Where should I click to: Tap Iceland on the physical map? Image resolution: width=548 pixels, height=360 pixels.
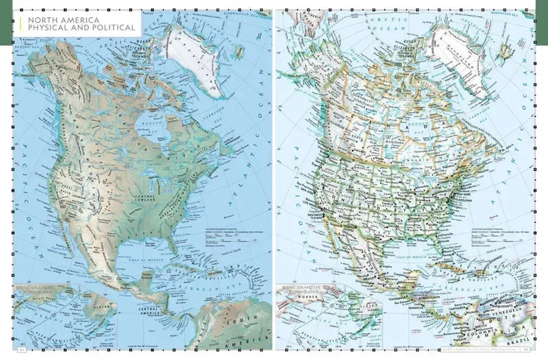pos(238,50)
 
